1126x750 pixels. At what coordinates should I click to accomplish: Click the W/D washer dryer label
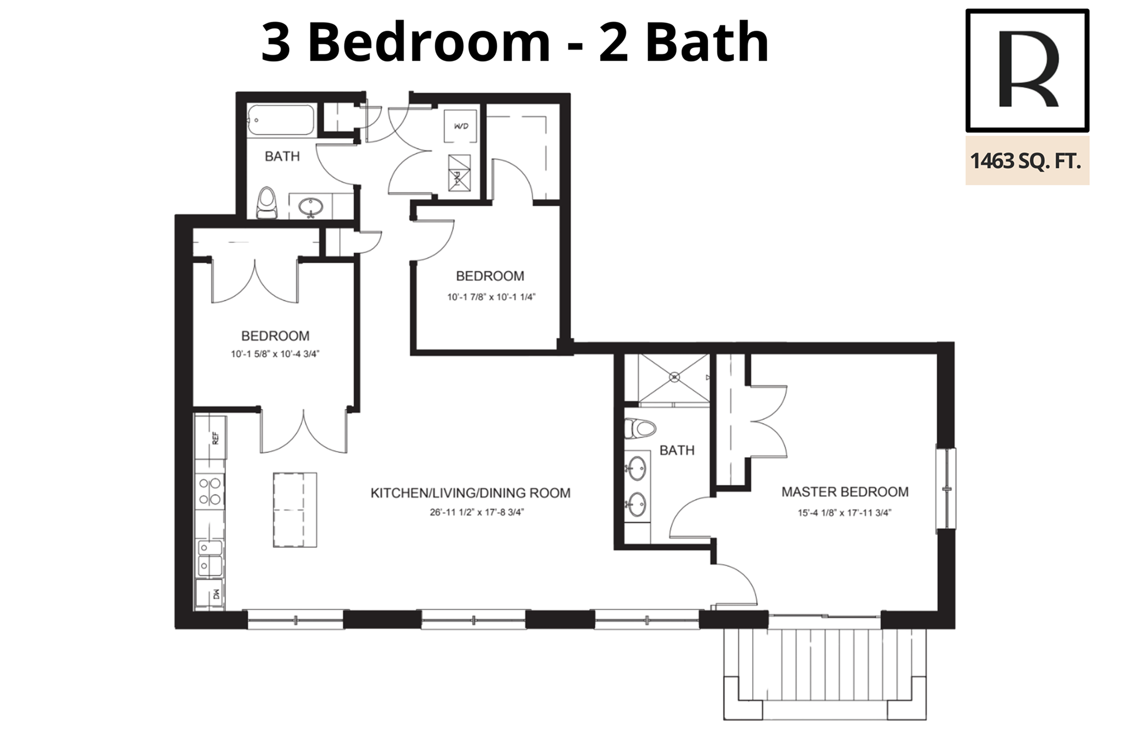pos(461,126)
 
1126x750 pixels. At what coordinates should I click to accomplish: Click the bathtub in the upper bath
pos(281,120)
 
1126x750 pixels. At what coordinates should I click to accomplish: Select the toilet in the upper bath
pos(267,203)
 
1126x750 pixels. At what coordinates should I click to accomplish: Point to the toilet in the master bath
pos(640,428)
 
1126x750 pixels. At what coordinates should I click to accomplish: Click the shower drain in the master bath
pos(674,378)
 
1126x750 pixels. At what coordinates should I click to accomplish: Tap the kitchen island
pos(295,509)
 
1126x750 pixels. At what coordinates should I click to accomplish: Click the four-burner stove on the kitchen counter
pos(210,492)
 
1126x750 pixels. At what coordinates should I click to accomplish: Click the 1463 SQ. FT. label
pos(1026,161)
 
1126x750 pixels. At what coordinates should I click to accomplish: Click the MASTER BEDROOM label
pos(845,492)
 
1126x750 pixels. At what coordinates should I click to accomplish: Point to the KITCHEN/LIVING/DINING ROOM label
pos(471,493)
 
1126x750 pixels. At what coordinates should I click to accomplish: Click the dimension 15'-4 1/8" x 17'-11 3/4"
pos(844,513)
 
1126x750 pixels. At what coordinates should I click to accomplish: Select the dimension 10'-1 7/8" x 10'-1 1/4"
pos(491,298)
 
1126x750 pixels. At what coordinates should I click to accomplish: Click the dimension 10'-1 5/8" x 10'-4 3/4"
pos(275,355)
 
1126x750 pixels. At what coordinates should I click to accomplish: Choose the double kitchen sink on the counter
pos(210,558)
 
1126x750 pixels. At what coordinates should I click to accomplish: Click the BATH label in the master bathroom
pos(677,451)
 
